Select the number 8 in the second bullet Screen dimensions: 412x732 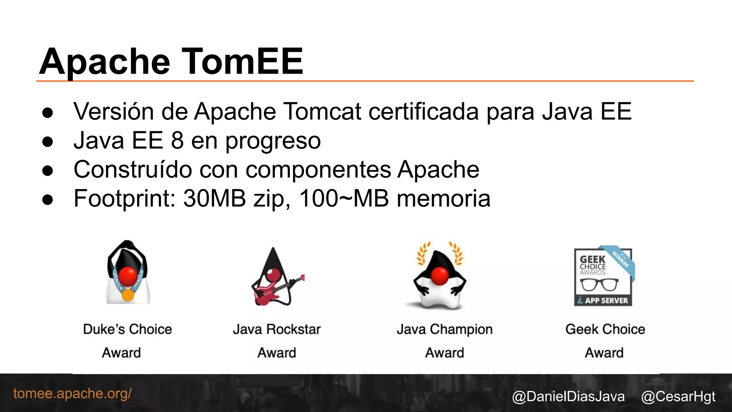[177, 140]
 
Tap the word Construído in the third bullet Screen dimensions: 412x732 [133, 169]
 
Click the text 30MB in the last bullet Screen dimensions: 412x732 [214, 198]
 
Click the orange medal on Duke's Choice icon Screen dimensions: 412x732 [128, 295]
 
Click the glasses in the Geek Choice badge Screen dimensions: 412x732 [599, 285]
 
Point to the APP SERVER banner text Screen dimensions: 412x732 [606, 300]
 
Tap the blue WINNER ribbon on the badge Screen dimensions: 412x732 [620, 260]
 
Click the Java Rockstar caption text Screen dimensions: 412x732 [277, 329]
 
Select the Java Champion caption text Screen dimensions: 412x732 [445, 329]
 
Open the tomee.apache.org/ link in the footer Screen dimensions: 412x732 [73, 393]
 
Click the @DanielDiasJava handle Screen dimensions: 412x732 [568, 397]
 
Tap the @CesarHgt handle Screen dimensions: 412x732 [678, 397]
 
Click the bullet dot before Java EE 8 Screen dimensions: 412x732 [48, 142]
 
